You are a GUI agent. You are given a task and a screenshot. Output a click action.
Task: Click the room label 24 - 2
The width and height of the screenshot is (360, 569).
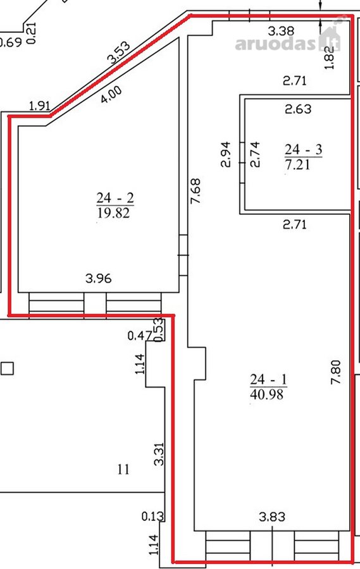click(115, 198)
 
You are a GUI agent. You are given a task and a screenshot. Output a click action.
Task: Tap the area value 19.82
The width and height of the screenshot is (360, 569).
click(113, 212)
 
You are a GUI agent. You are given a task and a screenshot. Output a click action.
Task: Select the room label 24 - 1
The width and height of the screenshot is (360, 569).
click(268, 379)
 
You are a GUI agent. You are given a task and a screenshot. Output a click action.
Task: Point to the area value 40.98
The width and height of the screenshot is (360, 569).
click(266, 394)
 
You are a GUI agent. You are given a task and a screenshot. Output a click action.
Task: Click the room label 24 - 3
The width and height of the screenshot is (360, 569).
click(303, 149)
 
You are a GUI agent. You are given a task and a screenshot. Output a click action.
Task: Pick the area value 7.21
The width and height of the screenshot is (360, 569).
click(297, 164)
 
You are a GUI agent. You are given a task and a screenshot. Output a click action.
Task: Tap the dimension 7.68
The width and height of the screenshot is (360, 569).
click(196, 190)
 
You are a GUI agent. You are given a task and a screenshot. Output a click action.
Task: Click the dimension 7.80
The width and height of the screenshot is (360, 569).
click(336, 372)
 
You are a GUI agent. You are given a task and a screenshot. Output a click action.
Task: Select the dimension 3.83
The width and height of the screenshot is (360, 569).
click(272, 517)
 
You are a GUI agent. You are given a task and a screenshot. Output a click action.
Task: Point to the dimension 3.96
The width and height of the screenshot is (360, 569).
click(99, 279)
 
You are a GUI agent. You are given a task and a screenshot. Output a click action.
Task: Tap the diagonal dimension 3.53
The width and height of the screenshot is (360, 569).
click(119, 53)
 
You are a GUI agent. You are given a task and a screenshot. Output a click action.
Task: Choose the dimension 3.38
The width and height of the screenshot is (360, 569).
click(281, 31)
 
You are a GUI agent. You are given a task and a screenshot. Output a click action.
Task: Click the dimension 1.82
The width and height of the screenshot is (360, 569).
click(330, 57)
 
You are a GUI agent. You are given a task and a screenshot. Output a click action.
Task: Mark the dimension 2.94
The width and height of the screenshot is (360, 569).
click(226, 154)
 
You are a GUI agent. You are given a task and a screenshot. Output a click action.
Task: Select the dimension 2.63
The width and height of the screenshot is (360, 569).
click(298, 109)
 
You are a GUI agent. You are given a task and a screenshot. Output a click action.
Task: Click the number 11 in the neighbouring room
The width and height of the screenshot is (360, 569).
click(123, 469)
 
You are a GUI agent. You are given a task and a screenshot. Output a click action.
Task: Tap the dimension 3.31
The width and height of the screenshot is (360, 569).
click(159, 454)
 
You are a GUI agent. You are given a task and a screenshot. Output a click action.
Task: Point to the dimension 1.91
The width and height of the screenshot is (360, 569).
click(39, 106)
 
